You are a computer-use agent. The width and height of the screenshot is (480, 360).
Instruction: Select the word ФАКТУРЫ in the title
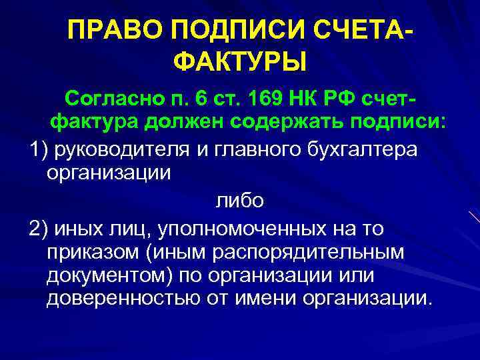pyautogui.click(x=240, y=63)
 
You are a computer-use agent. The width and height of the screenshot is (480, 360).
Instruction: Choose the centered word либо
pyautogui.click(x=239, y=201)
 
